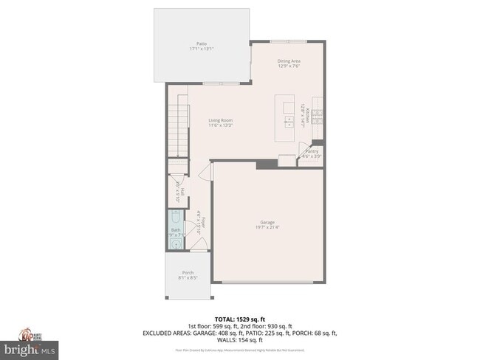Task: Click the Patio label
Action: [201, 44]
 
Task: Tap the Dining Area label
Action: [288, 60]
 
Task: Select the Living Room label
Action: [220, 120]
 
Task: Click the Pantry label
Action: [312, 150]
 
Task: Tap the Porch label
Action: [188, 273]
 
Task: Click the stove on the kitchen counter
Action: [318, 116]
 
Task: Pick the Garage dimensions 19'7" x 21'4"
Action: [267, 227]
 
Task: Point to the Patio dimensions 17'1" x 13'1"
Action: [201, 49]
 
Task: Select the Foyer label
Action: [201, 224]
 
